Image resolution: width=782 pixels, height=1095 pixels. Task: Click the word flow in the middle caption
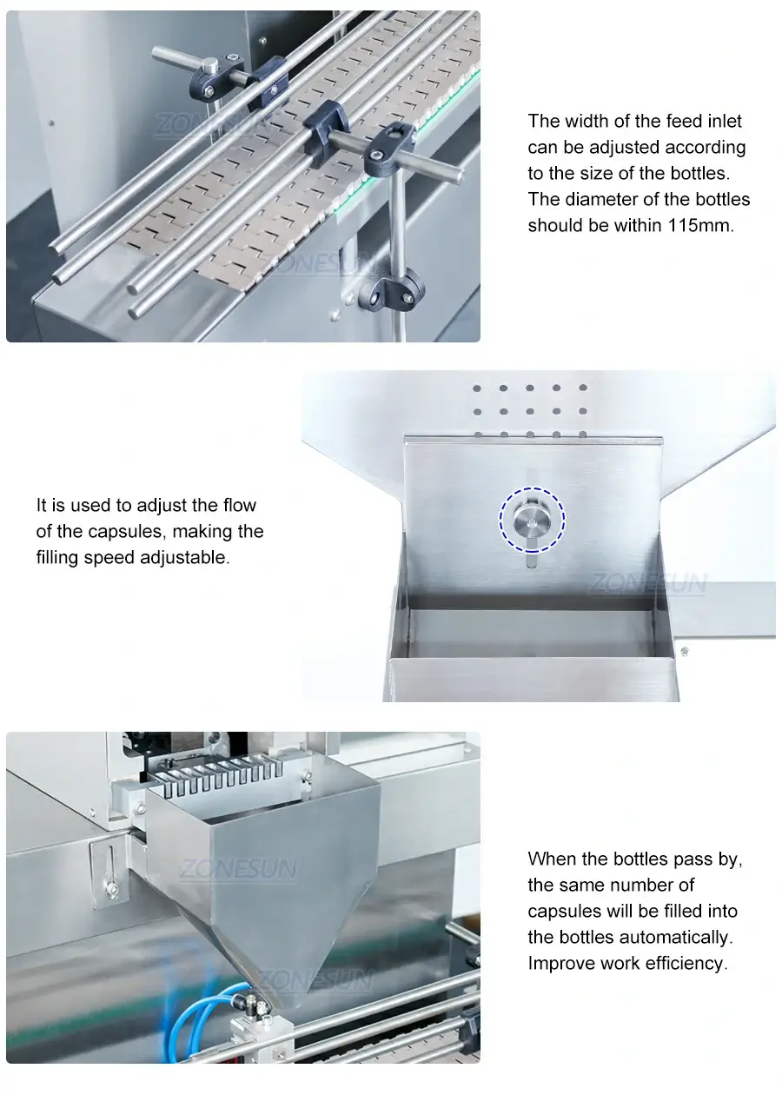point(239,506)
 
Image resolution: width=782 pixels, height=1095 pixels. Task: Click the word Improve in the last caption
point(560,964)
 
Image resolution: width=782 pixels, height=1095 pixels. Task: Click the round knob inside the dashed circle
point(531,520)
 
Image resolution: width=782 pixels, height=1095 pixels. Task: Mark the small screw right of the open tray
point(685,651)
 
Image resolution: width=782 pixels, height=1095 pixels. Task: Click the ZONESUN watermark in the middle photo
point(648,584)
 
